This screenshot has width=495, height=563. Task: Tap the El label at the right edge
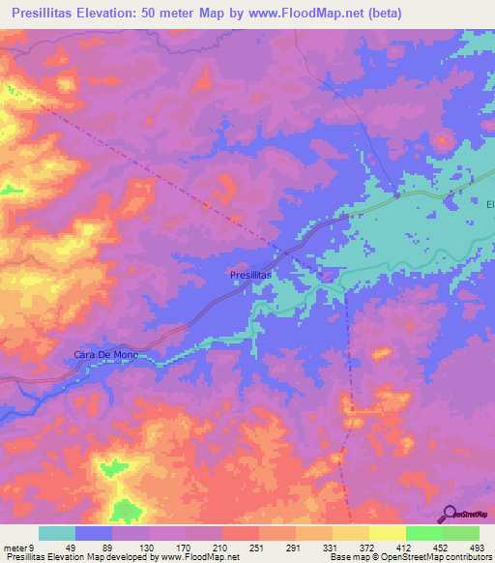489,204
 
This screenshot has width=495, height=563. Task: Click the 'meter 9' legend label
18,548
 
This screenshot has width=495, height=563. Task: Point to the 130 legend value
149,548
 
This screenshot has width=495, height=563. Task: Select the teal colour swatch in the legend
57,533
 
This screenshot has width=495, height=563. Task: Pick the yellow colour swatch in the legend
387,533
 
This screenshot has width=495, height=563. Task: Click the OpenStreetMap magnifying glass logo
450,514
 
